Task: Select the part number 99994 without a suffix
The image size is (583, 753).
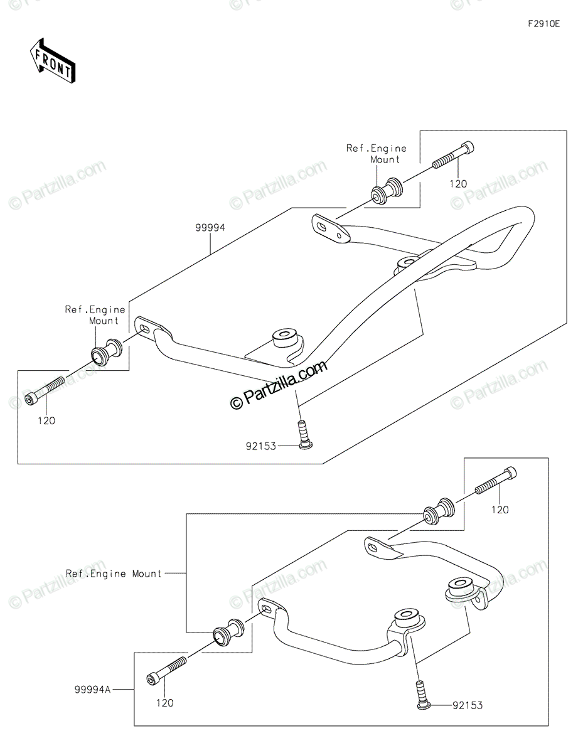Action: (210, 228)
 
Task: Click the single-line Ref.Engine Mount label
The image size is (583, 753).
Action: (114, 574)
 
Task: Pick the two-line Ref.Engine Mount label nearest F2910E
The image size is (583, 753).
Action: (385, 154)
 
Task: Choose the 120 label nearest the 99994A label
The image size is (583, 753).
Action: (164, 703)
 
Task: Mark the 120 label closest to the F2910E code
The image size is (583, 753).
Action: (458, 184)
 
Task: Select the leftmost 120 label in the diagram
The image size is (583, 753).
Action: (46, 420)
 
